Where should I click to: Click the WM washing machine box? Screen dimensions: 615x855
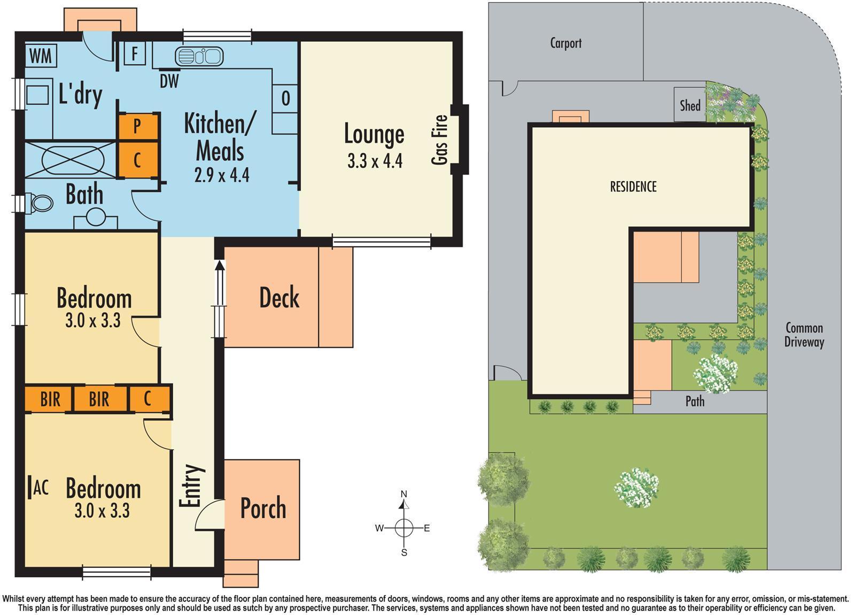click(x=41, y=55)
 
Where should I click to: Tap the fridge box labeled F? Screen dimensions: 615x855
click(x=135, y=54)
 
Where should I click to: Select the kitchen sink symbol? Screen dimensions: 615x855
click(x=198, y=56)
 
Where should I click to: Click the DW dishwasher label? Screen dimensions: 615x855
click(x=169, y=81)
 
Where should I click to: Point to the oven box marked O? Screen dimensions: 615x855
click(x=285, y=98)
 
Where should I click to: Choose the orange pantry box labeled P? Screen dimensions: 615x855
click(x=138, y=126)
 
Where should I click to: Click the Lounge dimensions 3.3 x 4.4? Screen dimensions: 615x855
click(x=375, y=161)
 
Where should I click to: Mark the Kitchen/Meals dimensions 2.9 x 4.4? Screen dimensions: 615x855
click(x=222, y=175)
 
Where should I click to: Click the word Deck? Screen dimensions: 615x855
click(x=279, y=298)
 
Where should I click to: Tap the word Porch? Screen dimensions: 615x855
click(x=263, y=508)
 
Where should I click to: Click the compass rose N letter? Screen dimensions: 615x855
click(x=404, y=494)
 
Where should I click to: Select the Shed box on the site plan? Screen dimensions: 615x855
click(x=690, y=105)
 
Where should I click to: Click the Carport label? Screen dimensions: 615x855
click(x=565, y=43)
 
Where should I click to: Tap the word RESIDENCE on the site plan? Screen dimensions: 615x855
click(x=633, y=187)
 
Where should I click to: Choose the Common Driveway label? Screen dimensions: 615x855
click(x=804, y=335)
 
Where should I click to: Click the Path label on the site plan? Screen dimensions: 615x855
click(x=695, y=401)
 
